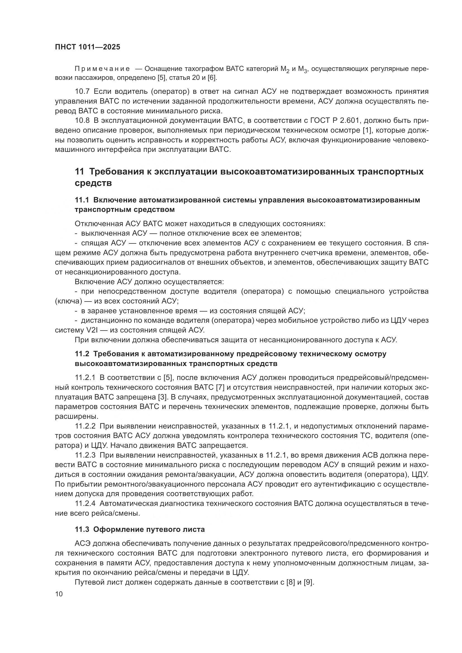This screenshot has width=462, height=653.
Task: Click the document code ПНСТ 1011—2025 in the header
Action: [x=88, y=47]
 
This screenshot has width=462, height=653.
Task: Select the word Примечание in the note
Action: [x=102, y=69]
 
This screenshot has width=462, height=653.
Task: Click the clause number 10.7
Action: [x=82, y=92]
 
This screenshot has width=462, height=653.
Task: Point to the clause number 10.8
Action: [x=82, y=121]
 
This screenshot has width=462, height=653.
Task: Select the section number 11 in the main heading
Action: [x=79, y=172]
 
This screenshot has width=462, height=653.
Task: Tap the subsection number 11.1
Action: [x=82, y=200]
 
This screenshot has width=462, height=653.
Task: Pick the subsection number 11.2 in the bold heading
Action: [x=82, y=354]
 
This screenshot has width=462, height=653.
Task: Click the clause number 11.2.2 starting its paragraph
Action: [x=85, y=426]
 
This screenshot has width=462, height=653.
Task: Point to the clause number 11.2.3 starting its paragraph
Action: [x=85, y=455]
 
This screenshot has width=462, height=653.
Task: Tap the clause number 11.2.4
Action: [x=85, y=504]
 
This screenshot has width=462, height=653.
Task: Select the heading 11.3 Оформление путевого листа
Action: [x=140, y=530]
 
